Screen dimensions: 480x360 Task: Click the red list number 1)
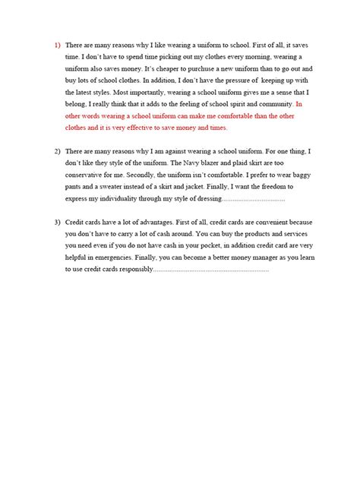click(x=57, y=46)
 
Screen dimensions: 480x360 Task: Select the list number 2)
click(x=57, y=152)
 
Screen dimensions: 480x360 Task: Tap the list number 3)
click(x=57, y=223)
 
